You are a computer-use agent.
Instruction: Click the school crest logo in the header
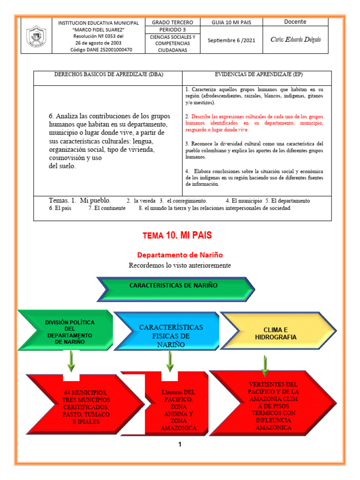[36, 36]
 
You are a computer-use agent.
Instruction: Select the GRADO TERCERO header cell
[172, 22]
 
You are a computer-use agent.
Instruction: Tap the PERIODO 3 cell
[172, 30]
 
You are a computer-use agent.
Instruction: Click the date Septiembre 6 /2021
[232, 40]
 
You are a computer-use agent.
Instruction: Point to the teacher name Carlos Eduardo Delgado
[296, 39]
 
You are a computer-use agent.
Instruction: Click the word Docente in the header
[295, 22]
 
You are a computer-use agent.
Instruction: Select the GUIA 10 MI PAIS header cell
[232, 22]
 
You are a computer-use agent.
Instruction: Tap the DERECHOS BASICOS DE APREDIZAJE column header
[109, 75]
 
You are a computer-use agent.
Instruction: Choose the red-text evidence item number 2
[254, 123]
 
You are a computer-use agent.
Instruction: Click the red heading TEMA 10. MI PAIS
[180, 235]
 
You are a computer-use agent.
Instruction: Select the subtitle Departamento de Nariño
[180, 255]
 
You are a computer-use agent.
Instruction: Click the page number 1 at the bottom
[180, 444]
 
